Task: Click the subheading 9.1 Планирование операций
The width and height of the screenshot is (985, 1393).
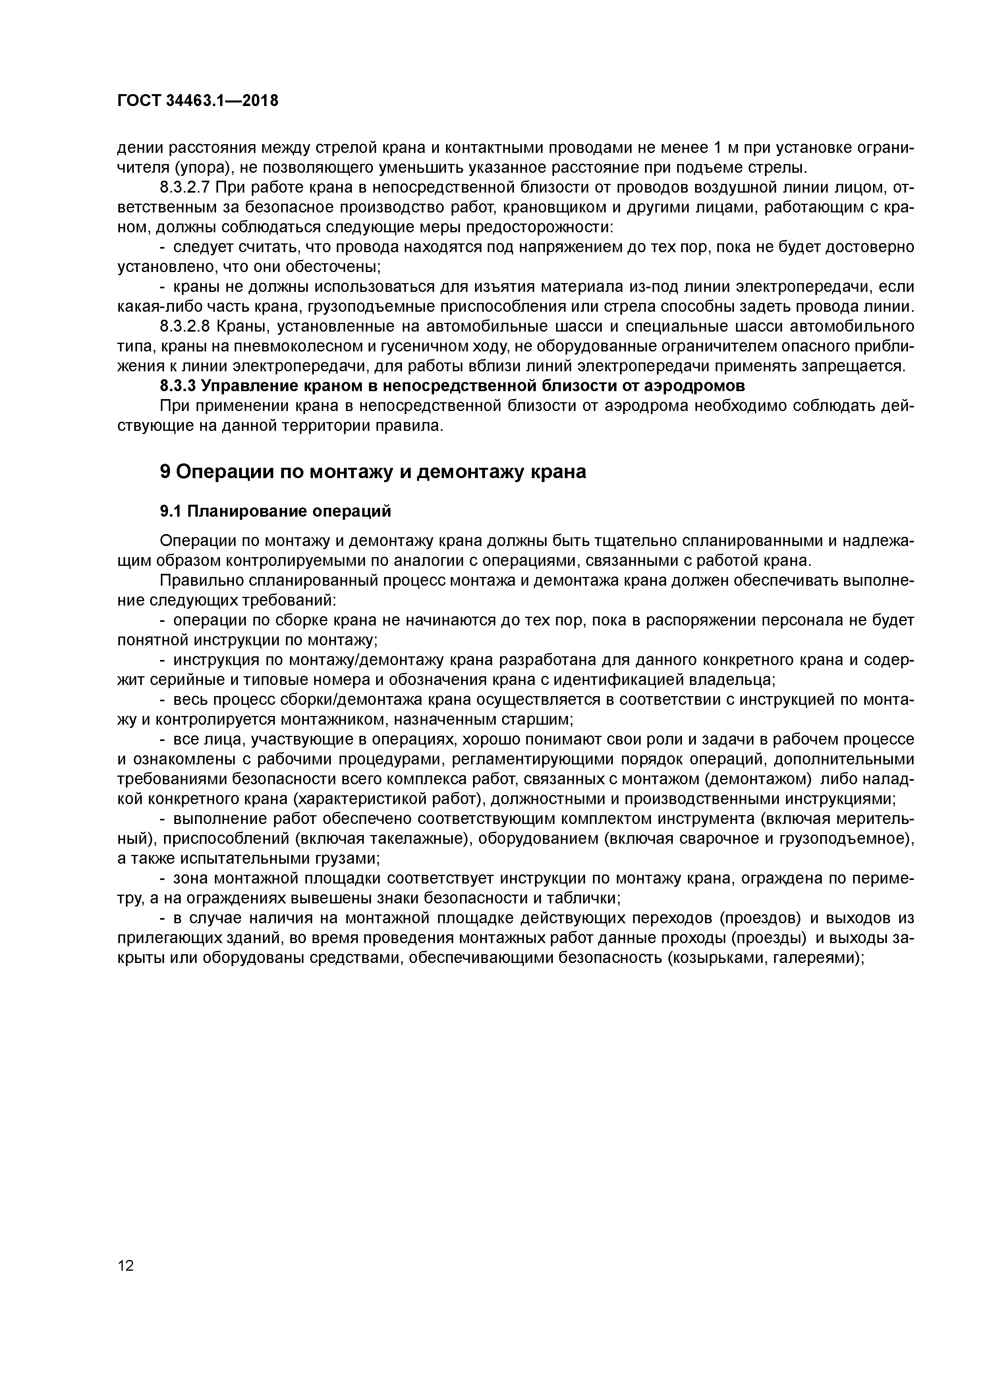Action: tap(276, 511)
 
